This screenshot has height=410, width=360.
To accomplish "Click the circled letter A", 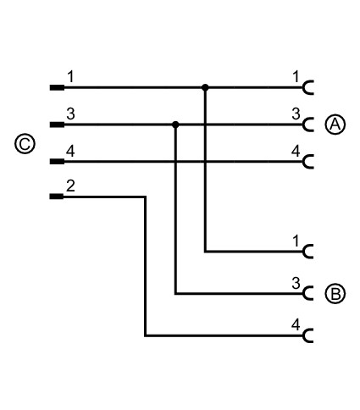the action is click(335, 125).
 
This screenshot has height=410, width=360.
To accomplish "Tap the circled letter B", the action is click(335, 294).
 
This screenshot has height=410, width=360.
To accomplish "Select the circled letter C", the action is click(25, 144).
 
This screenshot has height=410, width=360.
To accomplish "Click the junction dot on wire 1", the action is click(205, 87).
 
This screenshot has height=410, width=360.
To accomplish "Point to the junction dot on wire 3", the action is click(175, 125).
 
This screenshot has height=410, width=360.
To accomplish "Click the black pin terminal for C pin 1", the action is click(57, 87).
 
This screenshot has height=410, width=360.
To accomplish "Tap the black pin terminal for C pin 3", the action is click(57, 125).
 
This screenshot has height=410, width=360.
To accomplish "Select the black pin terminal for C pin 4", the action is click(57, 161).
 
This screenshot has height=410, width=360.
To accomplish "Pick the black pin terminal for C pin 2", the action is click(57, 197).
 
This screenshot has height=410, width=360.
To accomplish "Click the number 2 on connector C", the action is click(70, 186).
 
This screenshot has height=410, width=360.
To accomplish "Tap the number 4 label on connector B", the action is click(296, 324).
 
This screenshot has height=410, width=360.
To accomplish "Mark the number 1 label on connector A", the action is click(296, 77).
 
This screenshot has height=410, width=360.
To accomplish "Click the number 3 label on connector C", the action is click(70, 114).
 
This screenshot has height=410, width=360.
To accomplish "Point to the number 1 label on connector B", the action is click(296, 241).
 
